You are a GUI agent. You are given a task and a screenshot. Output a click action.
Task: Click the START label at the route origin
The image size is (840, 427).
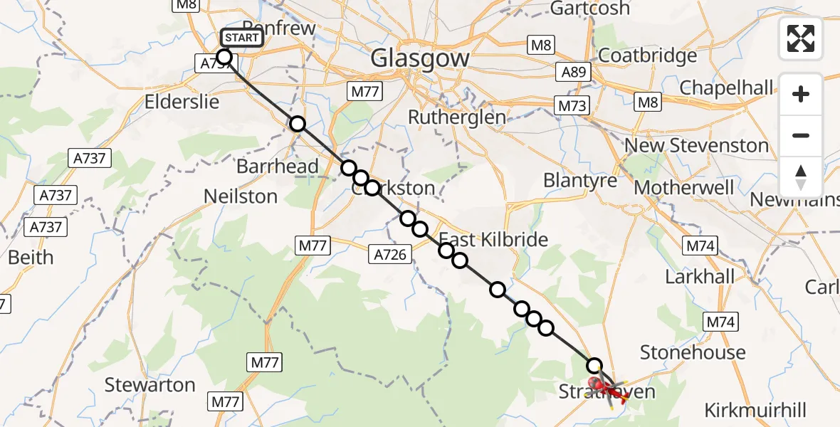[243, 38]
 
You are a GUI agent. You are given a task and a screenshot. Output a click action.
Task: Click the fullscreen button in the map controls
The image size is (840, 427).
[801, 38]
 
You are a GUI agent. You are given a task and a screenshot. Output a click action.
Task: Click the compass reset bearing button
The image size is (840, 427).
[801, 176]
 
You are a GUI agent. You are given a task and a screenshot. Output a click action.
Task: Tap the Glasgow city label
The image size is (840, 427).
[419, 58]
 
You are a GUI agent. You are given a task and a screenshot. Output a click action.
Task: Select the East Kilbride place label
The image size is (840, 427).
[493, 239]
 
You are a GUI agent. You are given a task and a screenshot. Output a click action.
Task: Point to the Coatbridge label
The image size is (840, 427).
[648, 56]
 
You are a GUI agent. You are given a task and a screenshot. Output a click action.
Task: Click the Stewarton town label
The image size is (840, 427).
[149, 385]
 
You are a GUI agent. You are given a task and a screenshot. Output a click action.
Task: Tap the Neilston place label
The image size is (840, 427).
[240, 196]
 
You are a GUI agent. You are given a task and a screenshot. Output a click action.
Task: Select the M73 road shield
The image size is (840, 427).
[572, 106]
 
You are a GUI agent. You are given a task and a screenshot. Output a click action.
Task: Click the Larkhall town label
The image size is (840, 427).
[700, 276]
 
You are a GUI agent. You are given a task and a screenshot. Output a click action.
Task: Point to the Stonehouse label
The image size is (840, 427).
[693, 352]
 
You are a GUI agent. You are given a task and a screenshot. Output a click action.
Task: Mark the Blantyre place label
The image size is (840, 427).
[580, 181]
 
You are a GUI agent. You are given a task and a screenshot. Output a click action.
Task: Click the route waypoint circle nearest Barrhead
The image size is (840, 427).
[349, 168]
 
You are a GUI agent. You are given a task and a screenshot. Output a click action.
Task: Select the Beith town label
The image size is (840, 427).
[31, 257]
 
